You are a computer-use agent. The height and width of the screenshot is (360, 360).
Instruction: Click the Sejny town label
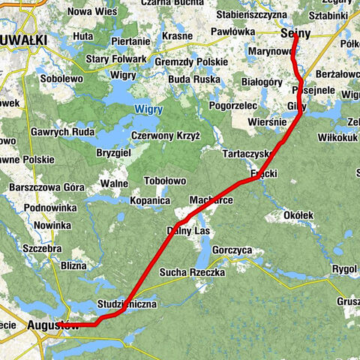point(295,34)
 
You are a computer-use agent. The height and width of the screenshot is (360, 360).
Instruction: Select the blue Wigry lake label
point(148,109)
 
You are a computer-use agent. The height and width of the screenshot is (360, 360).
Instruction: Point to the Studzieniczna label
point(126,304)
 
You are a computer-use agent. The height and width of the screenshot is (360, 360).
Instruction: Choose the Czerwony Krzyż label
point(165,136)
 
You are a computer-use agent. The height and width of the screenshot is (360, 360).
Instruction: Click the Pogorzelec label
point(233,106)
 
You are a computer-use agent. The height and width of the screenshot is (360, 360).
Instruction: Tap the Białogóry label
point(262,82)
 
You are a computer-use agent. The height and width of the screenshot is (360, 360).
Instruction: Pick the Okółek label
point(299,215)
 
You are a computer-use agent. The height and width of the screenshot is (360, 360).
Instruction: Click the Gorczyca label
point(233,249)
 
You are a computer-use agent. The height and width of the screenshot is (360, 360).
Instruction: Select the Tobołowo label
point(165,181)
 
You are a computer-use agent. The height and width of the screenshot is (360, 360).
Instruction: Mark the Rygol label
point(344,268)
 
